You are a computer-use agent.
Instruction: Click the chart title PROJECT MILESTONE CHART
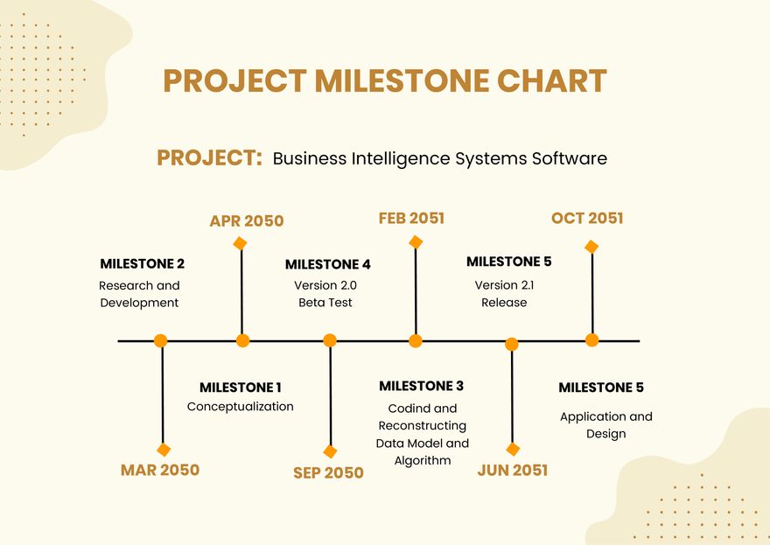(x=384, y=81)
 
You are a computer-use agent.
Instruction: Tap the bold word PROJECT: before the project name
(x=209, y=158)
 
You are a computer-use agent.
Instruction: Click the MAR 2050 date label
(x=160, y=470)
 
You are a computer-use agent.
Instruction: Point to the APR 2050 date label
(x=247, y=221)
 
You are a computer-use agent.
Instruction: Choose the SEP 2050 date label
(x=328, y=472)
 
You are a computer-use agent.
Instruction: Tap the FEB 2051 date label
(x=411, y=219)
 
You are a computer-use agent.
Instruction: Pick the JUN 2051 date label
(x=513, y=470)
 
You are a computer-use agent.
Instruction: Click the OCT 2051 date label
(x=587, y=219)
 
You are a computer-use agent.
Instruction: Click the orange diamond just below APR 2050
(x=241, y=243)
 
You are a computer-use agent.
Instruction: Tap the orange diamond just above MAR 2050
(x=164, y=450)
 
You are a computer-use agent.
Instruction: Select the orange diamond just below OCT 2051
(x=591, y=247)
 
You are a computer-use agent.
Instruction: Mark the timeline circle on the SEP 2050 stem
(x=330, y=341)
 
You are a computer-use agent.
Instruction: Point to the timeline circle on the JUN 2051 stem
(x=512, y=345)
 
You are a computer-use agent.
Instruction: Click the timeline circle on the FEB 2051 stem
(x=416, y=341)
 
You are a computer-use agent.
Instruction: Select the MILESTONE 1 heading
(x=241, y=388)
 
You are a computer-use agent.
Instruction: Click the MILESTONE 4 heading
(x=328, y=264)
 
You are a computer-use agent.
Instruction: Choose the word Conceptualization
(x=241, y=407)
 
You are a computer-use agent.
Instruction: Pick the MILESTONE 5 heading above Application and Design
(x=601, y=388)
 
